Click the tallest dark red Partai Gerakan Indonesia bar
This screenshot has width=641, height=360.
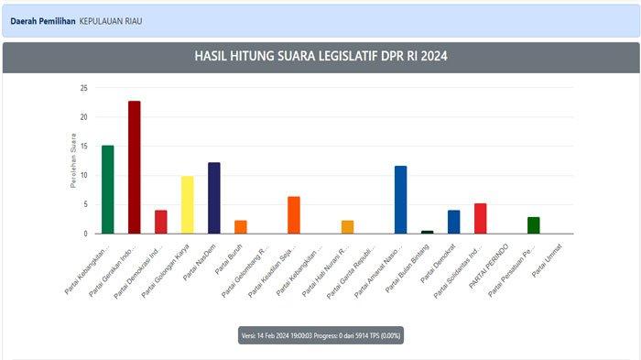pos(134,167)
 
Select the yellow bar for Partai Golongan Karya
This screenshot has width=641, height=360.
pos(187,204)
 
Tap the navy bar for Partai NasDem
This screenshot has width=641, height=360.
pos(213,198)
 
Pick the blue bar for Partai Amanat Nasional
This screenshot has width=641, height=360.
pos(400,200)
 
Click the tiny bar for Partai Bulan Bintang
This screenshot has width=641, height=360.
pos(427,232)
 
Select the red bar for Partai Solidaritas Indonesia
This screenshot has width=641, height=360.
pos(480,218)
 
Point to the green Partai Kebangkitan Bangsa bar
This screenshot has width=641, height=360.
pos(107,190)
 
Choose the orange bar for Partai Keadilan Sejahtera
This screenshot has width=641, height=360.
pos(293,214)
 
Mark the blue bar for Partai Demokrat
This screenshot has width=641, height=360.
pos(453,222)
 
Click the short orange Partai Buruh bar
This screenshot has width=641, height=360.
pos(240,226)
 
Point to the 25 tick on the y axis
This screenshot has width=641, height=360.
pos(83,89)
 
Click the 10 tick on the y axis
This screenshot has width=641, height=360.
pos(83,176)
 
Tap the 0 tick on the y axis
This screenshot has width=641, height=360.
pos(85,234)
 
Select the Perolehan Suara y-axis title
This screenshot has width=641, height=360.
pos(72,161)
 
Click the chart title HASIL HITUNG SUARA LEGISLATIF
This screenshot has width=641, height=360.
pos(320,57)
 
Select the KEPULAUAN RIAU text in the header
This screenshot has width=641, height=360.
pos(110,20)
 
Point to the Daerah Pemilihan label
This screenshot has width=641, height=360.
pos(42,20)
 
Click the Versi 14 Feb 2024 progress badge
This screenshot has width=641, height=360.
pos(320,335)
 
